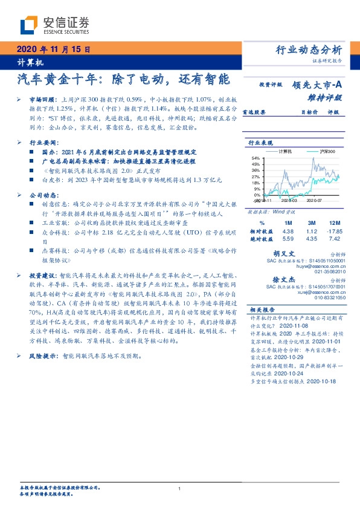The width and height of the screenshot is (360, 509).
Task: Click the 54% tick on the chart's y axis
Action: tap(257, 158)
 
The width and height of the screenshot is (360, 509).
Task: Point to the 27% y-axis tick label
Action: tap(257, 177)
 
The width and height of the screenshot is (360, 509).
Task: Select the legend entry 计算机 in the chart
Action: tap(284, 149)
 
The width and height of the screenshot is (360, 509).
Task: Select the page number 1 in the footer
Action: tap(180, 488)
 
